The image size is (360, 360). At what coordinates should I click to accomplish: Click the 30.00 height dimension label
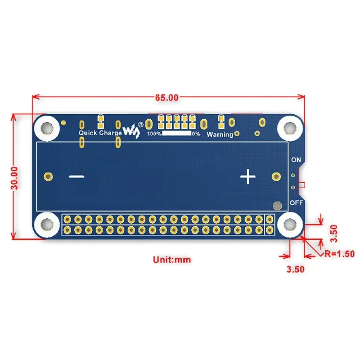point(15,177)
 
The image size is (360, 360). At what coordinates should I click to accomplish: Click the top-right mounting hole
point(289,126)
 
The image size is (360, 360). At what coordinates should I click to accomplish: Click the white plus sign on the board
point(247,177)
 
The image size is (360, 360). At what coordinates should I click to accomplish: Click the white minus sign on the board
point(77,177)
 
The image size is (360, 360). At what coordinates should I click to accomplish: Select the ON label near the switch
point(296,160)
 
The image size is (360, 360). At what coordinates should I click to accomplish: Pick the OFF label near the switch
point(296,202)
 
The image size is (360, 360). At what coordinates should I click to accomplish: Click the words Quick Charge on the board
point(100,133)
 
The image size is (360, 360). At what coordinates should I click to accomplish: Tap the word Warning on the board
point(220,134)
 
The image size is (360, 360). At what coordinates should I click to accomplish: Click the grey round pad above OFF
point(278,206)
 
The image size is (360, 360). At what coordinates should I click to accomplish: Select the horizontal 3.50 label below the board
point(296,269)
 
